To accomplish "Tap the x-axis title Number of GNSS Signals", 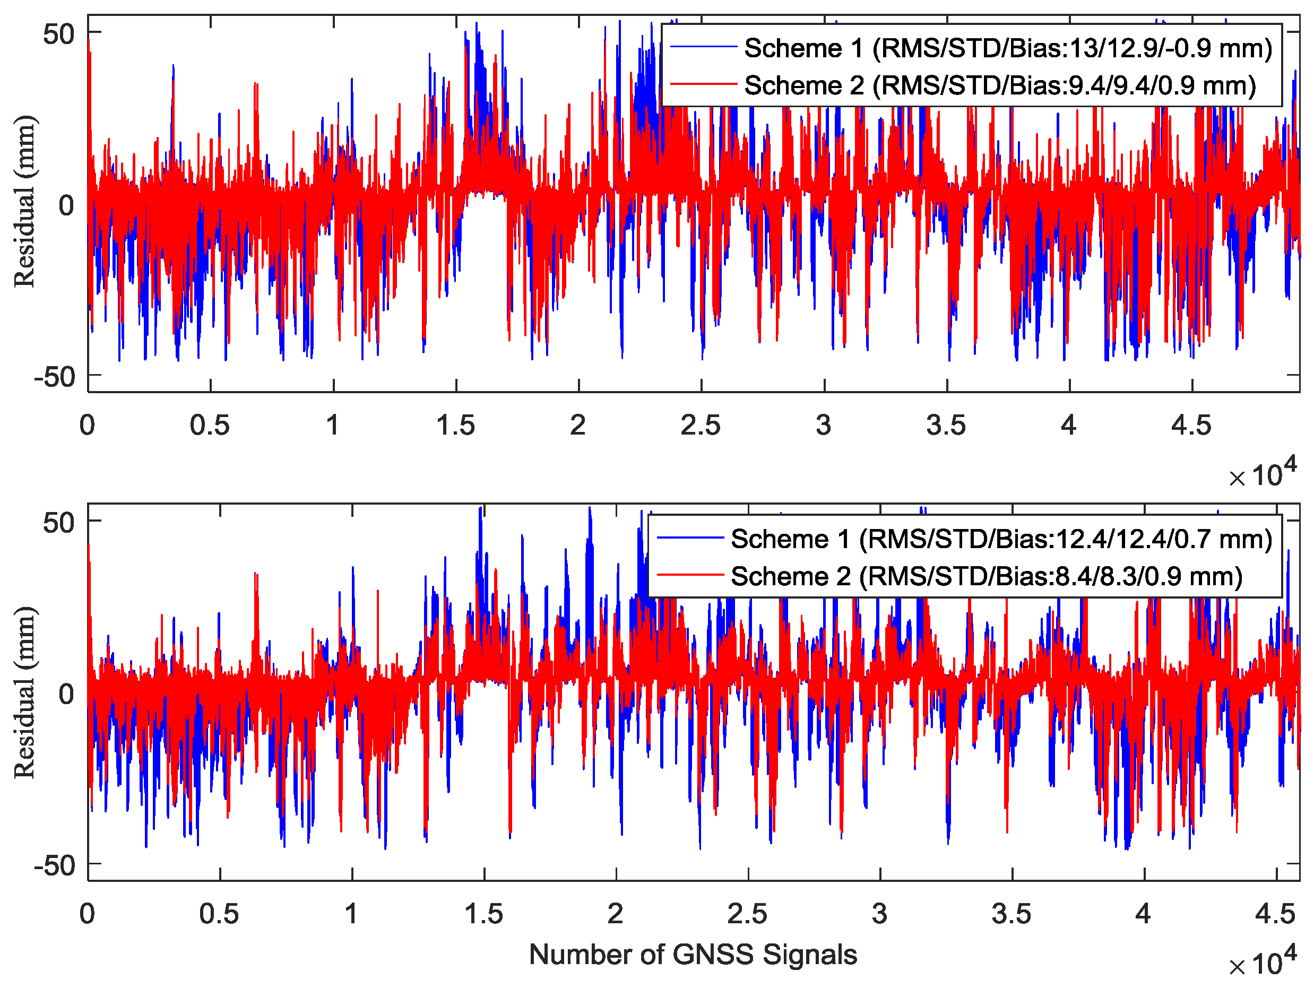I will (x=693, y=955).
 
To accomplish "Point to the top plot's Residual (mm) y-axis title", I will (x=25, y=202).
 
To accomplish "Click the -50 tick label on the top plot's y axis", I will (x=54, y=377).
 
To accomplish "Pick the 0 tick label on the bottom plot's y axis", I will (x=66, y=694).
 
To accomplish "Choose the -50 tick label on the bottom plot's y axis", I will (x=54, y=866).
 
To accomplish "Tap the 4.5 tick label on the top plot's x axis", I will (x=1191, y=426).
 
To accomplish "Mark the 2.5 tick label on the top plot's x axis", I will (x=701, y=426).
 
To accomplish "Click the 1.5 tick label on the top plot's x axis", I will (x=456, y=426).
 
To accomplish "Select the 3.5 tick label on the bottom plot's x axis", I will (x=1011, y=914).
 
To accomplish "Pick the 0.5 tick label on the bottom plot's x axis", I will (x=219, y=914).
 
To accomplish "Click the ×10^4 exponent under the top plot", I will (x=1263, y=473).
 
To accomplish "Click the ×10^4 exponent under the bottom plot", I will (x=1263, y=963).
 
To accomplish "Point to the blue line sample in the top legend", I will (x=703, y=47).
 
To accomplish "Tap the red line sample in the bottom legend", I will (x=690, y=575).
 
